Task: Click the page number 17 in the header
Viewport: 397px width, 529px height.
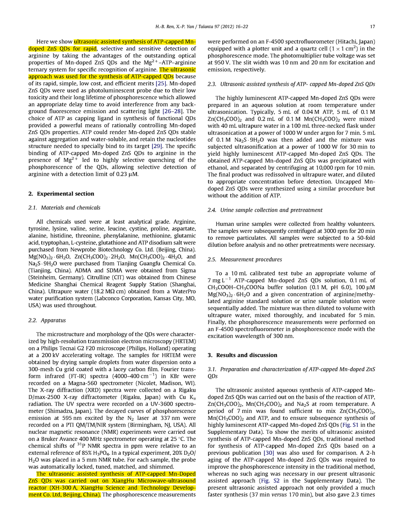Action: [372, 27]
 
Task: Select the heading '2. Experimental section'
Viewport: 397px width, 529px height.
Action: [61, 194]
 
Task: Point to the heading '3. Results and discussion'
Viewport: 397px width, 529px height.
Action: [242, 355]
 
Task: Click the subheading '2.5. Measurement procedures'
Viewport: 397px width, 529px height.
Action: [245, 260]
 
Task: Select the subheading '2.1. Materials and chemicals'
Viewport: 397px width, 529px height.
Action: [64, 208]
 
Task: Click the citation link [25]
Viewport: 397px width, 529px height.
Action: [161, 83]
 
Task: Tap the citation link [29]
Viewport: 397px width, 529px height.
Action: [157, 146]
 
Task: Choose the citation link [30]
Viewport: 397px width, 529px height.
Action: [269, 453]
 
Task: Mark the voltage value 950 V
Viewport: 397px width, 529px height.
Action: [217, 63]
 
